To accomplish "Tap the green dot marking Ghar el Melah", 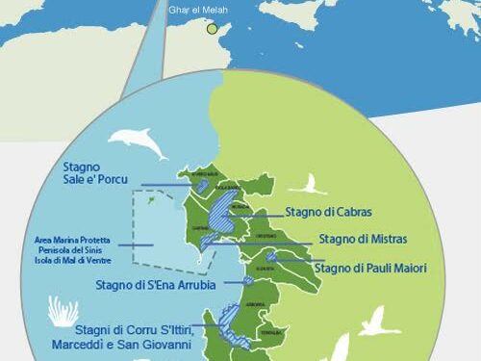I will [213, 29].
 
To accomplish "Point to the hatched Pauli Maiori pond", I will [272, 257].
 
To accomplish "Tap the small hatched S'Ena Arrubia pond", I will [248, 281].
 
